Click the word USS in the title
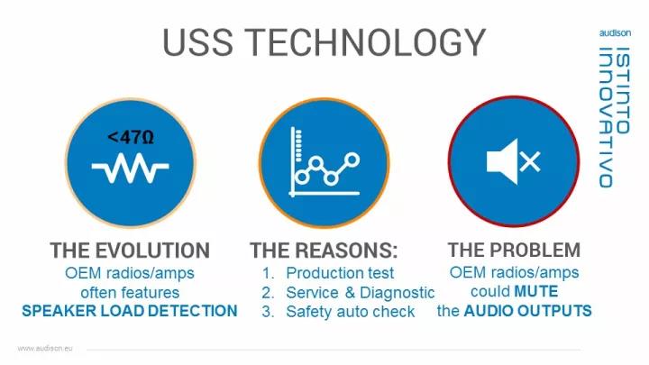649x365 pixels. [x=197, y=42]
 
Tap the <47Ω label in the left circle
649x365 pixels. [x=131, y=137]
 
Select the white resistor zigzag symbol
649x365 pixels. [x=131, y=168]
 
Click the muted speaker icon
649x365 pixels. [x=513, y=161]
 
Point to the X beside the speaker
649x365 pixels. [x=530, y=161]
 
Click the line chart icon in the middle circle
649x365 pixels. [x=324, y=162]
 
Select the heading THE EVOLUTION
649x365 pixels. [x=130, y=251]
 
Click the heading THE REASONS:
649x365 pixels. [x=324, y=251]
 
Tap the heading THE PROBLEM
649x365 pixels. [x=514, y=250]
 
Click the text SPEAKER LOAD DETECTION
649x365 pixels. [x=130, y=311]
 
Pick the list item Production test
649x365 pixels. [x=340, y=273]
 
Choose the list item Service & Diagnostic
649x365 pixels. [x=360, y=293]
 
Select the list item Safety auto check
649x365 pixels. [x=350, y=312]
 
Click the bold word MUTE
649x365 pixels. [x=536, y=291]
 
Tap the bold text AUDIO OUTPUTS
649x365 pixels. [x=527, y=311]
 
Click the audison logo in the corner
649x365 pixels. [x=615, y=33]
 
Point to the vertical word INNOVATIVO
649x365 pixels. [x=606, y=117]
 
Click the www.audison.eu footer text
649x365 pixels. [x=45, y=349]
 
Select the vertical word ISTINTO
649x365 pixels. [x=623, y=90]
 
